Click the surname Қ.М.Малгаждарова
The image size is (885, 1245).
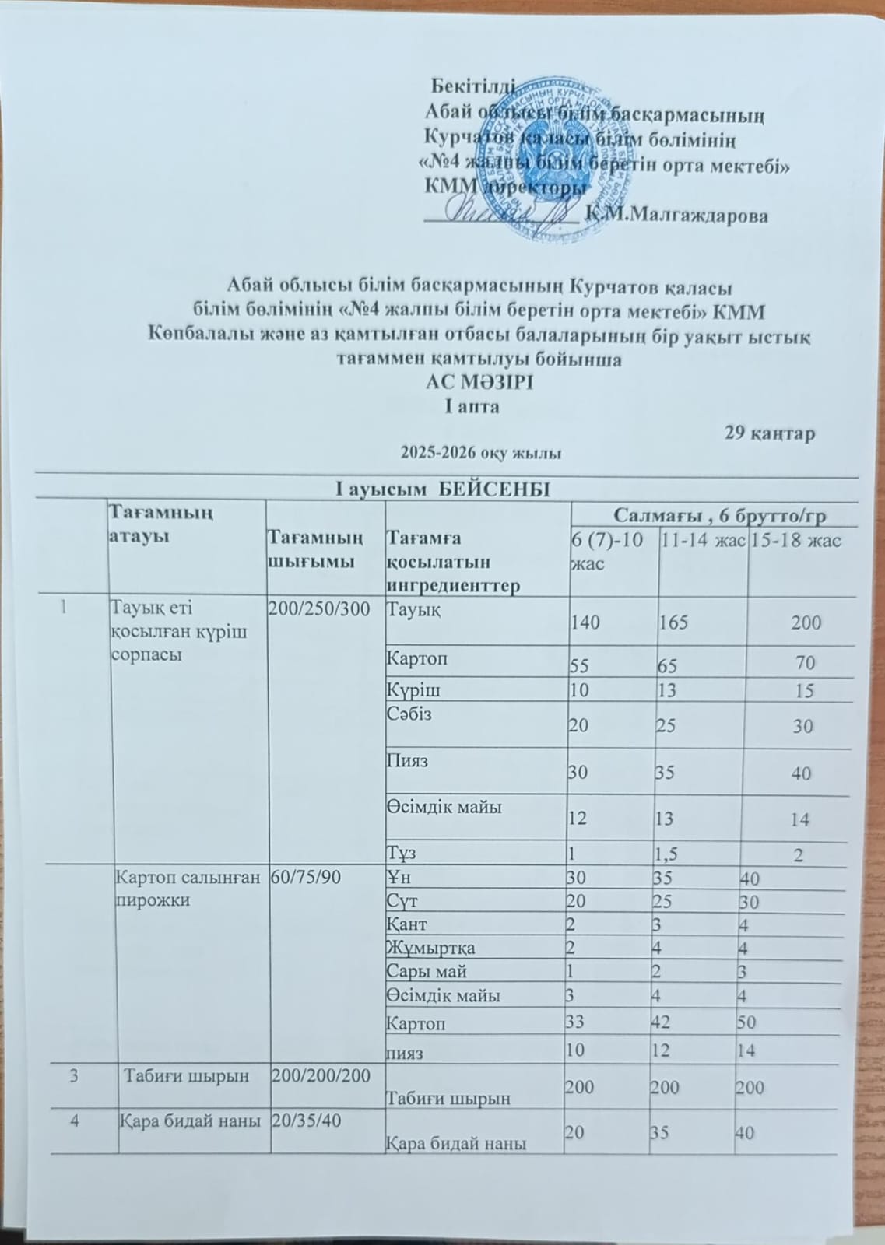677,216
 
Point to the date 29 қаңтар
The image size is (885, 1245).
770,433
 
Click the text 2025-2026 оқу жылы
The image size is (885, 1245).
480,452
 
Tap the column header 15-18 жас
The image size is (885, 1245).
795,541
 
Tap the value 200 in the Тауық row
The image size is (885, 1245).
805,622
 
